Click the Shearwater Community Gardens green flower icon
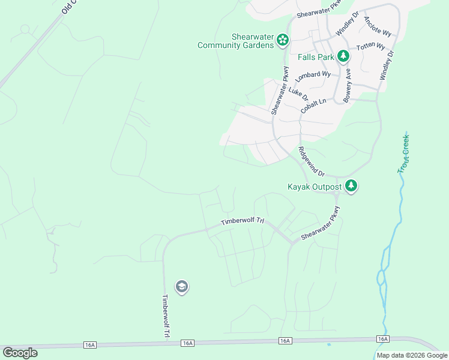[282, 40]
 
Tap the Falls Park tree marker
[343, 57]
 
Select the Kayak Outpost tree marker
[351, 187]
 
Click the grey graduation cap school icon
[182, 287]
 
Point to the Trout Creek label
[403, 154]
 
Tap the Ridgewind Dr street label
[311, 161]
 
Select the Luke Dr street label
[298, 95]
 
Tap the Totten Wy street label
[370, 47]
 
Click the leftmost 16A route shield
[90, 344]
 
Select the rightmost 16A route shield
[382, 339]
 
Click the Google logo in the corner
[20, 352]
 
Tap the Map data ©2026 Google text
[412, 355]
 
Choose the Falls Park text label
[316, 57]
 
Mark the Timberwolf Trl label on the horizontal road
[243, 221]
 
